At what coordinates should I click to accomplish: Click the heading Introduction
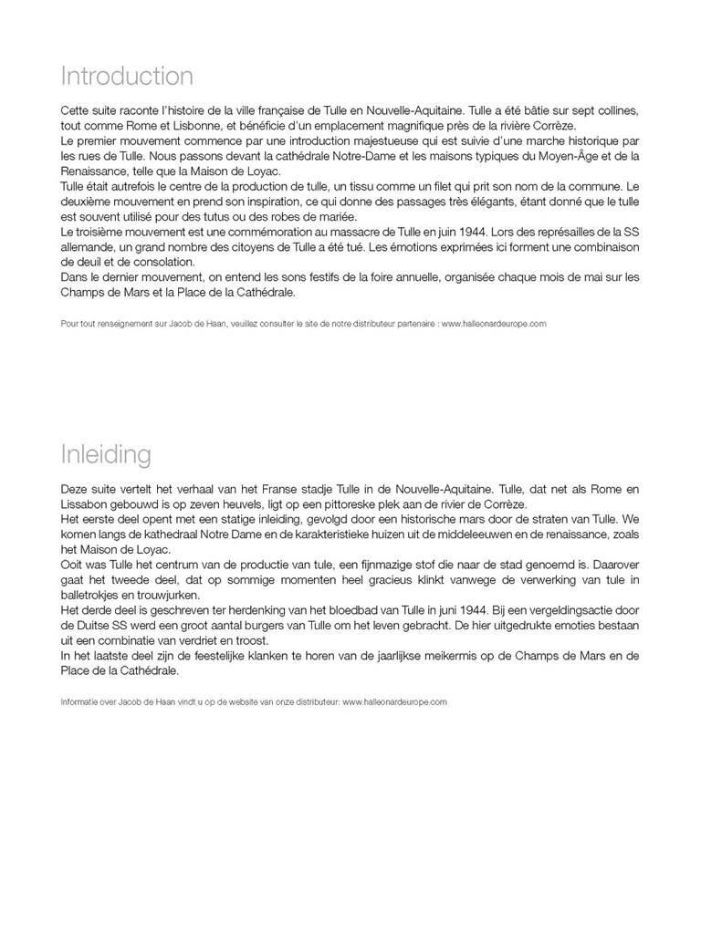pos(127,75)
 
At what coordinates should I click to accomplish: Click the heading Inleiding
pos(106,453)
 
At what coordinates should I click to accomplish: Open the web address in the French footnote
pos(494,324)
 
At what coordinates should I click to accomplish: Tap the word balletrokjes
pos(91,597)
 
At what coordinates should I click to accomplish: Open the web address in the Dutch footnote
pos(394,702)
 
